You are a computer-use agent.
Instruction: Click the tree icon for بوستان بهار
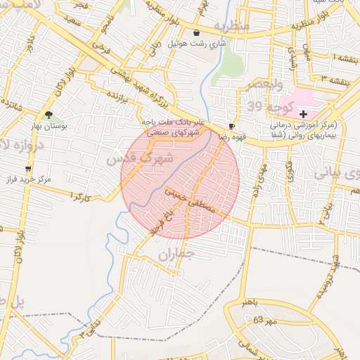coord(49,114)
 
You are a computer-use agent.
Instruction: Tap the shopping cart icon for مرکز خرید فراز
coord(28,169)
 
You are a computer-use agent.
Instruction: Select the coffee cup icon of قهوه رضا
coord(232,126)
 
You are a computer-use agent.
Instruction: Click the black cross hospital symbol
coord(303,113)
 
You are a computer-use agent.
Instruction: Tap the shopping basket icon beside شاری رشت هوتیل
coord(196,32)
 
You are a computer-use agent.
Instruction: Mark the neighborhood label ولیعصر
coord(264,84)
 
